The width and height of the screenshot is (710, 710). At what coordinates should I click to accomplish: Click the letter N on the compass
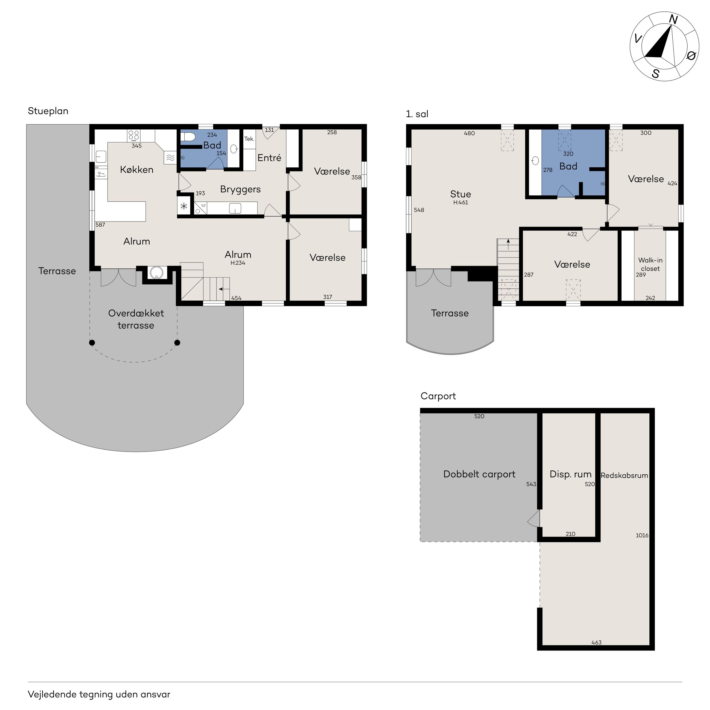[673, 19]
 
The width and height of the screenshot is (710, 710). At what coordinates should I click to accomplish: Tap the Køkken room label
[137, 170]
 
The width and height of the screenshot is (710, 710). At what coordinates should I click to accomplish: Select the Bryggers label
[240, 190]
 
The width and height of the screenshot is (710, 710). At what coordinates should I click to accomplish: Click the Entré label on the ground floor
[269, 158]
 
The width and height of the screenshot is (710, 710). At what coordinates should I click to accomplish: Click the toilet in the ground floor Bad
[188, 137]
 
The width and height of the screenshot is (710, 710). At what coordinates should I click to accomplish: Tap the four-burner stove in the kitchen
[134, 136]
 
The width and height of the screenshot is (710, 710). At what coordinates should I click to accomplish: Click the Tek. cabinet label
[249, 139]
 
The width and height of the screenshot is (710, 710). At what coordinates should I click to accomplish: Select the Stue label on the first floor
[460, 194]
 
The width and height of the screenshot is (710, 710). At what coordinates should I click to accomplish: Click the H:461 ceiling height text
[460, 203]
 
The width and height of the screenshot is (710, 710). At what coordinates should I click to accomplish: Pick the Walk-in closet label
[650, 265]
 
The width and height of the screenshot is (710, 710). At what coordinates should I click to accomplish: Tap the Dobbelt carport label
[479, 474]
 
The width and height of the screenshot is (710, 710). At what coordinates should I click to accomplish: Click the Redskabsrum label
[624, 475]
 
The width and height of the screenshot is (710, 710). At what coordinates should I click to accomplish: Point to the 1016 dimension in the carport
[642, 536]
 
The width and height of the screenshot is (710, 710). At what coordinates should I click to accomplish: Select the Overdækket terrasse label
[136, 319]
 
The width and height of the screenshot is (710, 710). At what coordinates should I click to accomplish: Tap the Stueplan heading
[48, 111]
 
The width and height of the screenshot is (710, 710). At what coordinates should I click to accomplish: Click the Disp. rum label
[570, 474]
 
